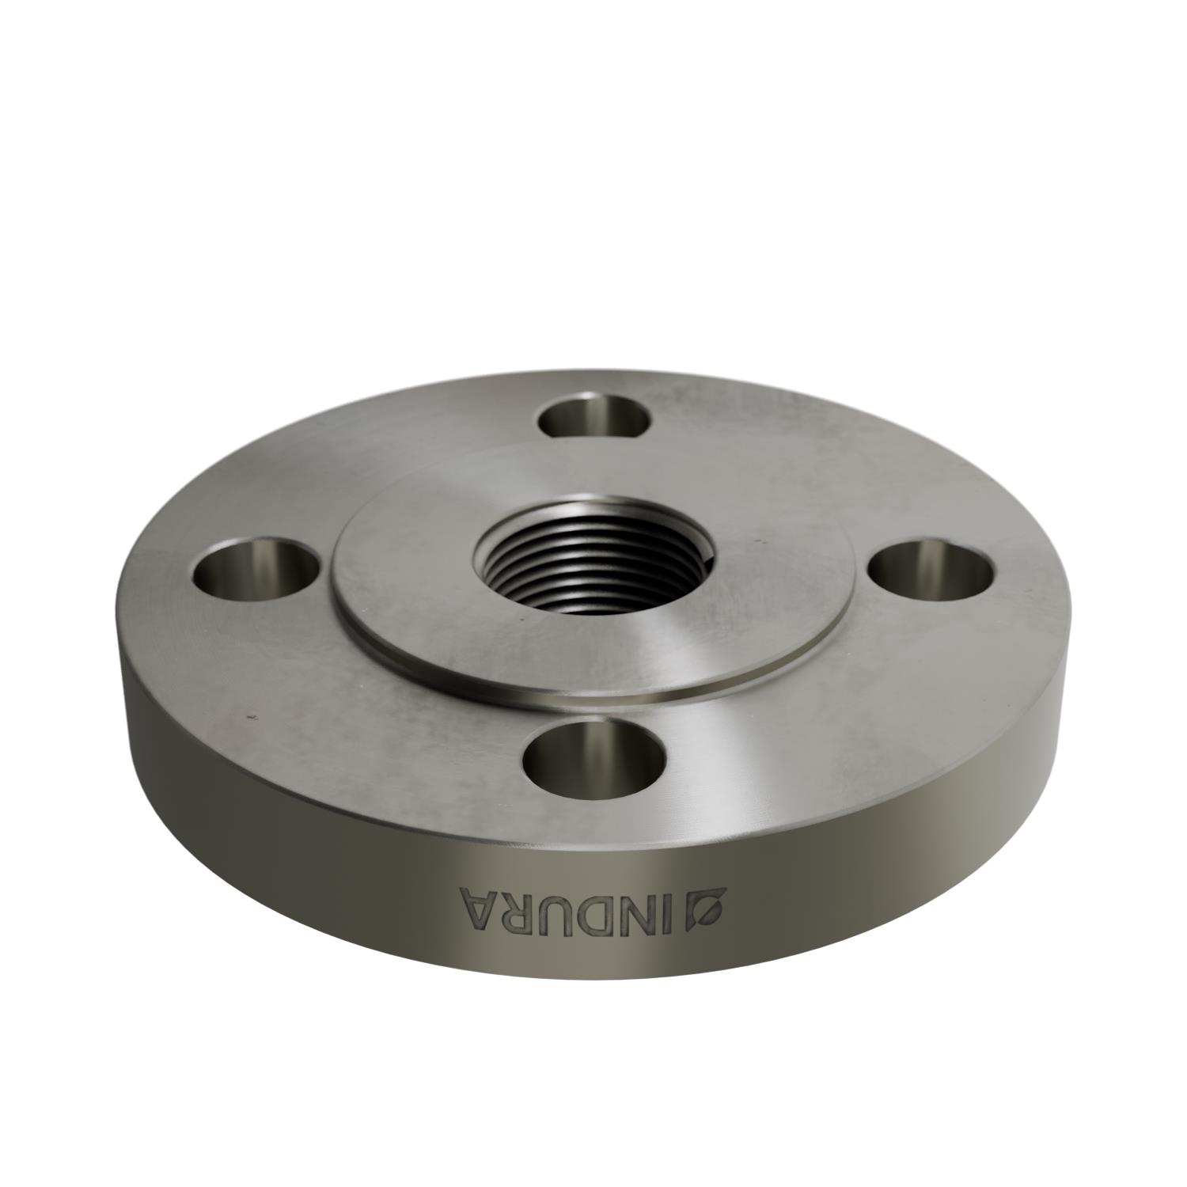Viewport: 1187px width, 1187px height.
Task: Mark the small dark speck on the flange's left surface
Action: (252, 717)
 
